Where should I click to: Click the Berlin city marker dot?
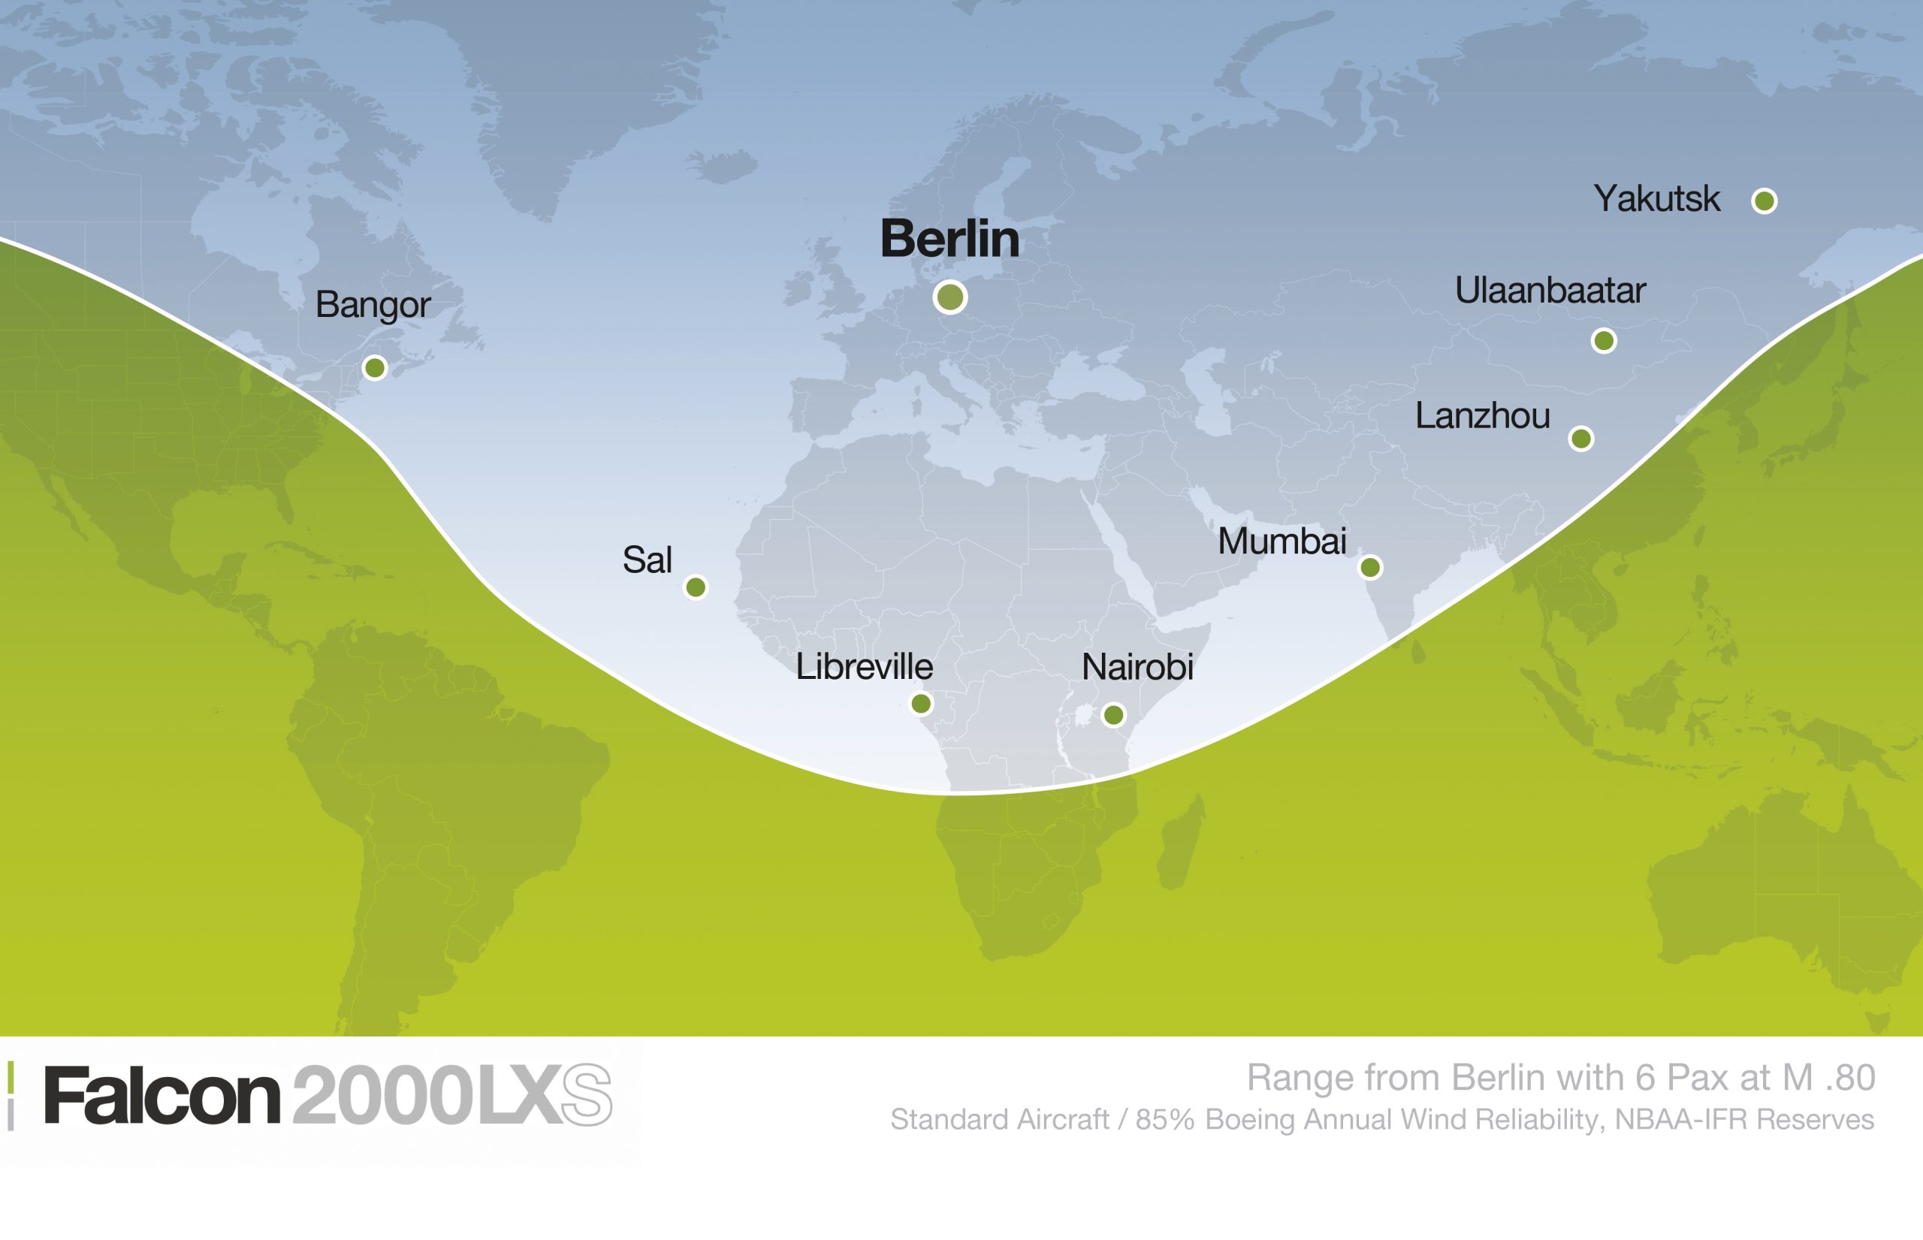[x=950, y=297]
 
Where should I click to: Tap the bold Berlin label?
[x=949, y=239]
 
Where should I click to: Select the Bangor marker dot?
[x=374, y=368]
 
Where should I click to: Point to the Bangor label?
[x=373, y=305]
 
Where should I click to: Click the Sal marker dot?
[x=696, y=587]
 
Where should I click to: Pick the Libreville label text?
[x=864, y=667]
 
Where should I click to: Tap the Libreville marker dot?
[x=921, y=704]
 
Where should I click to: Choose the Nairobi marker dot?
[x=1114, y=714]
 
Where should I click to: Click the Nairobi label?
[x=1137, y=667]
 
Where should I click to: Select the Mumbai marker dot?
[x=1371, y=568]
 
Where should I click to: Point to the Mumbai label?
[x=1281, y=541]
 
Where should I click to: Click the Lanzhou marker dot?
[x=1581, y=439]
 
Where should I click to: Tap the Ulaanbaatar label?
[x=1550, y=291]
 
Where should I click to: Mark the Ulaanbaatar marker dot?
[x=1604, y=340]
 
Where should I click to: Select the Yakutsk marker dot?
[x=1765, y=201]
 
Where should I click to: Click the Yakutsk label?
[x=1656, y=199]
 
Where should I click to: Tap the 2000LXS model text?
[x=451, y=1096]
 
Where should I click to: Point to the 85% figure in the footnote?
[x=1164, y=1120]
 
